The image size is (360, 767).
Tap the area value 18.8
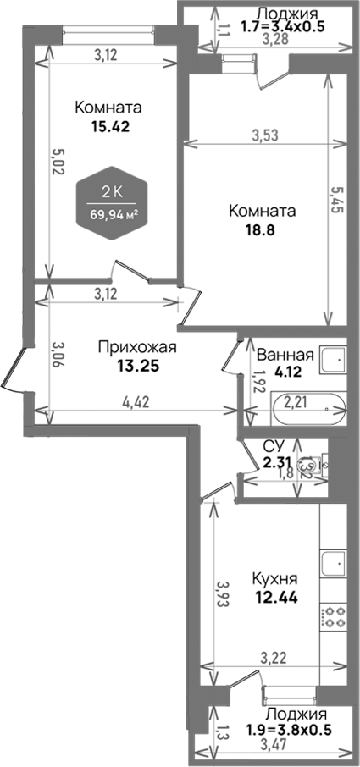tap(259, 229)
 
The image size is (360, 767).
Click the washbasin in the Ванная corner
tap(332, 361)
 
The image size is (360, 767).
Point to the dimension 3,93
tap(221, 595)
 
